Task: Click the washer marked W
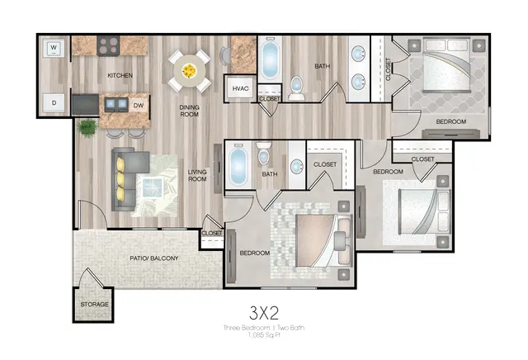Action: (x=54, y=49)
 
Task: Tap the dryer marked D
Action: (x=54, y=103)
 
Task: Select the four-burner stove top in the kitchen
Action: (x=108, y=45)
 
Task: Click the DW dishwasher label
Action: (x=139, y=106)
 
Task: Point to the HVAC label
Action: (x=240, y=88)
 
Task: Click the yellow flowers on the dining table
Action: (x=189, y=71)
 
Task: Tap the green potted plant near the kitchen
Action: (x=87, y=128)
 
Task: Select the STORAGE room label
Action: (x=94, y=305)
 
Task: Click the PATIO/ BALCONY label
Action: (x=154, y=258)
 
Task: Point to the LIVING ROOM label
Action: (x=197, y=176)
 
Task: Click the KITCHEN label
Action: (x=120, y=75)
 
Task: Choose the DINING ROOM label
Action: (x=189, y=111)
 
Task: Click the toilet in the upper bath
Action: (x=297, y=88)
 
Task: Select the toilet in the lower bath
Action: (x=264, y=154)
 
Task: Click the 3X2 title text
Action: (x=264, y=313)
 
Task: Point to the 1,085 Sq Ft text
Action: (x=264, y=334)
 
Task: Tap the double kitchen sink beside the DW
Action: (x=116, y=105)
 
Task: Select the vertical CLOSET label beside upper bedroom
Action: (x=388, y=69)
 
